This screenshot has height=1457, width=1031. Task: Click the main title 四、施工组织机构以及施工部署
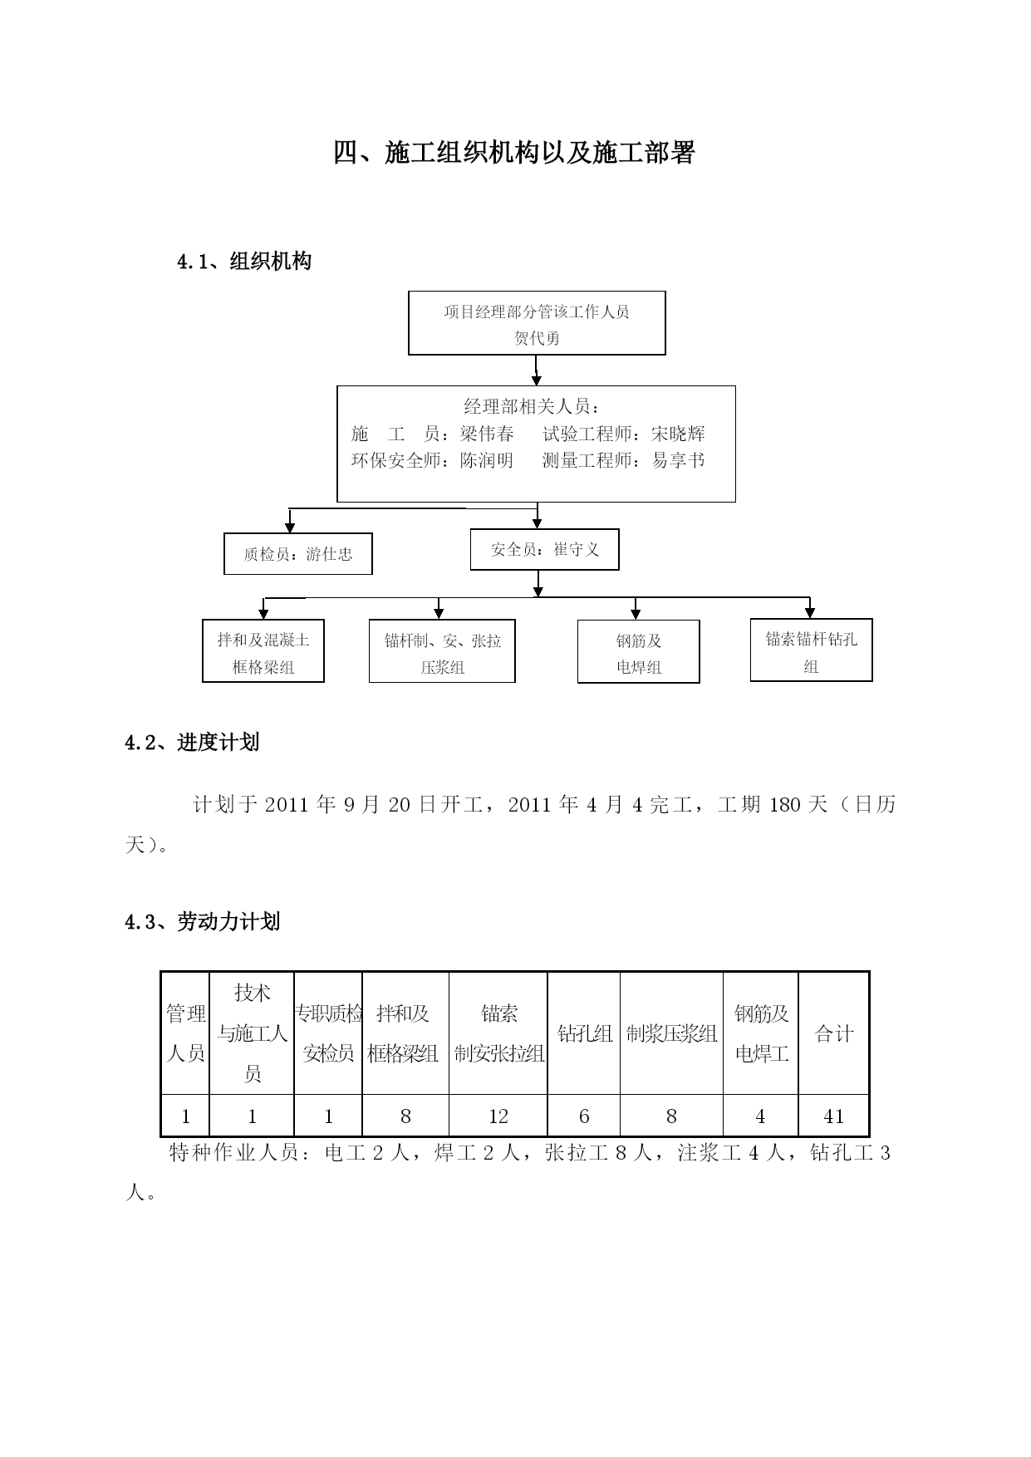[514, 153]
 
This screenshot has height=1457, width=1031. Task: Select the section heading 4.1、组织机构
[244, 262]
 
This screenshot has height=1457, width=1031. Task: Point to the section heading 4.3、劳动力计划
[202, 922]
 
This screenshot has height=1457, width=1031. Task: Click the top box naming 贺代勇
[537, 323]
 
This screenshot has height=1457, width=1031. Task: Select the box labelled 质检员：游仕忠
[298, 554]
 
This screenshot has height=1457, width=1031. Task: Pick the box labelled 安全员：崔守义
[545, 550]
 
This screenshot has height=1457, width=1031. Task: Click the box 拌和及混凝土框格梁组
[263, 651]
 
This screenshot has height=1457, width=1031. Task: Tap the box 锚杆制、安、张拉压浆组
[442, 651]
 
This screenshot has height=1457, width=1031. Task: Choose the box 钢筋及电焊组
[639, 652]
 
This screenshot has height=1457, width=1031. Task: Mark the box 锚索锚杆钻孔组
[812, 650]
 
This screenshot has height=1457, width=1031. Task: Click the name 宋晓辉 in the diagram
[678, 434]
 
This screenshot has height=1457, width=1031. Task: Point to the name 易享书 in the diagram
[678, 460]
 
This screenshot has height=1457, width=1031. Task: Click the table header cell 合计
[834, 1033]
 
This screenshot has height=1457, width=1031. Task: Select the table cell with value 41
[834, 1116]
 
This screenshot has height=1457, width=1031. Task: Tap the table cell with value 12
[498, 1116]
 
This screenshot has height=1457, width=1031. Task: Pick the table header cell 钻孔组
[584, 1033]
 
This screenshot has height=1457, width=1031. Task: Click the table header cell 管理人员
[185, 1033]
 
